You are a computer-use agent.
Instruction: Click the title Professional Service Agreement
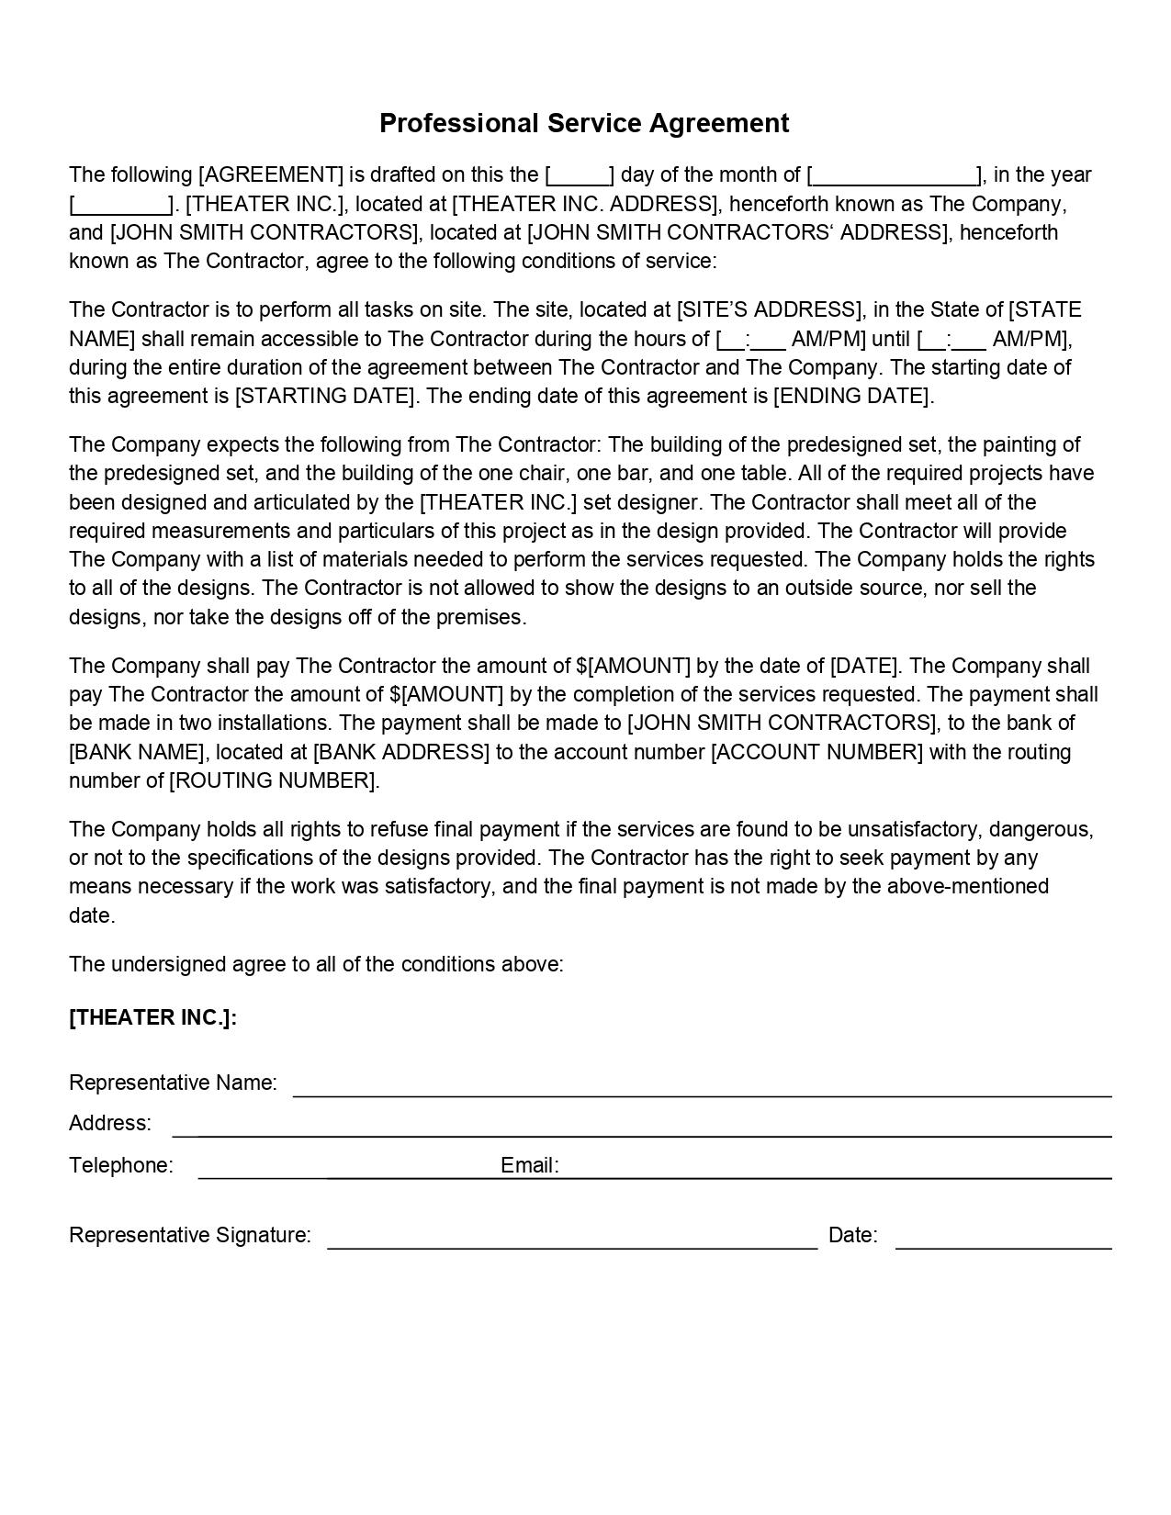tap(584, 123)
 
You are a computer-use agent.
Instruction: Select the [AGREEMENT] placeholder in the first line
tap(271, 174)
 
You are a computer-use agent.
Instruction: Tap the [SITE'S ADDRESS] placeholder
tap(770, 309)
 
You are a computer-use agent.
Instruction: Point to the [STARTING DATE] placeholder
tap(325, 396)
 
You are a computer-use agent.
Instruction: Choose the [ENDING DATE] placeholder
tap(853, 396)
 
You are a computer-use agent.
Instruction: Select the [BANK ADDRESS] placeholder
tap(401, 752)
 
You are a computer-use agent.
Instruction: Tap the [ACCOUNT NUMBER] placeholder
tap(816, 752)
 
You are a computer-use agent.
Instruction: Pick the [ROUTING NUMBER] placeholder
tap(273, 780)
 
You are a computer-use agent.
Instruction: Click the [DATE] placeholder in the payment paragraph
tap(863, 666)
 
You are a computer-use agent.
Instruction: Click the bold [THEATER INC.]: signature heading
tap(152, 1017)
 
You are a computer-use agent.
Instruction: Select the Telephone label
tap(120, 1165)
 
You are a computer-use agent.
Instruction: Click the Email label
tap(529, 1165)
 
